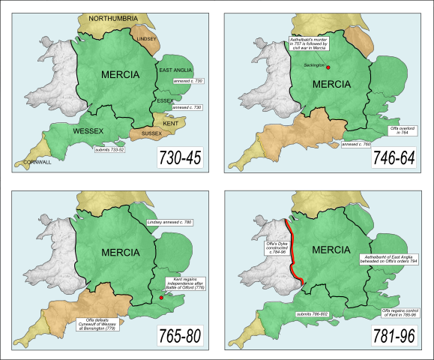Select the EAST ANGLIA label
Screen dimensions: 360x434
pos(177,70)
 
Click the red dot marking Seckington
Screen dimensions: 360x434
pos(328,67)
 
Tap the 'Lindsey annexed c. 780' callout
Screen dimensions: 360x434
pos(170,223)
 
